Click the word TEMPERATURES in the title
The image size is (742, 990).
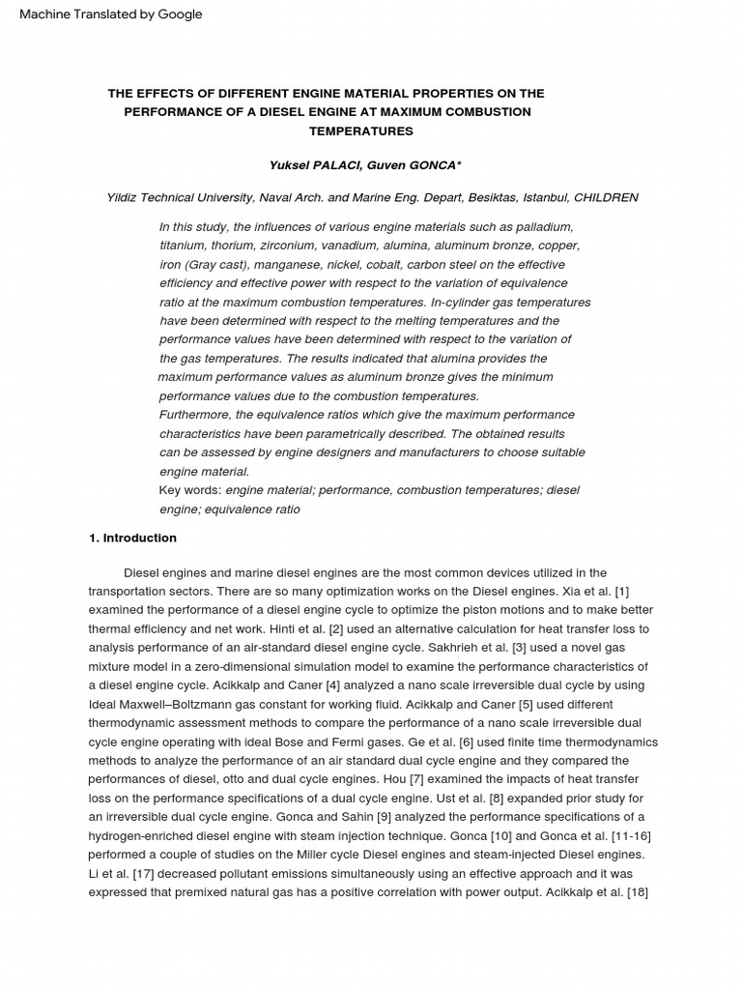pyautogui.click(x=327, y=131)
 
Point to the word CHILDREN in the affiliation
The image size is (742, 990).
pyautogui.click(x=606, y=197)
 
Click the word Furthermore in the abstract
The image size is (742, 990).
pyautogui.click(x=195, y=415)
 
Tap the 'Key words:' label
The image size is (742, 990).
pyautogui.click(x=189, y=490)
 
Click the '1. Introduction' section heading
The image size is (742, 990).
pyautogui.click(x=132, y=538)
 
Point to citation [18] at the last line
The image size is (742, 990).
pyautogui.click(x=637, y=892)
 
